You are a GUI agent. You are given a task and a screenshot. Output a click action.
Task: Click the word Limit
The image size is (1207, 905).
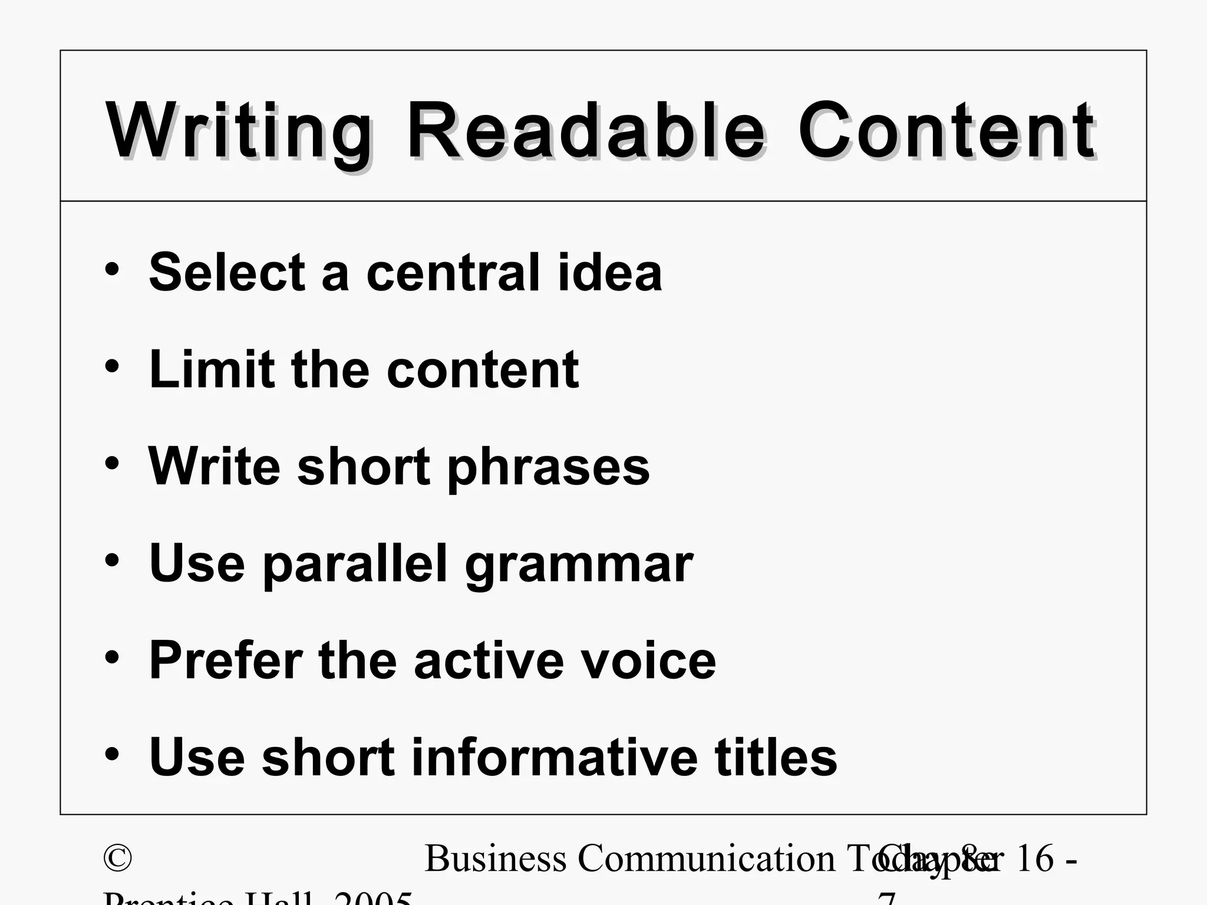coord(212,369)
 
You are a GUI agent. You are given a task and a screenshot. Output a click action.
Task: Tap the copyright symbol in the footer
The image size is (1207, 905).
coord(117,858)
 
